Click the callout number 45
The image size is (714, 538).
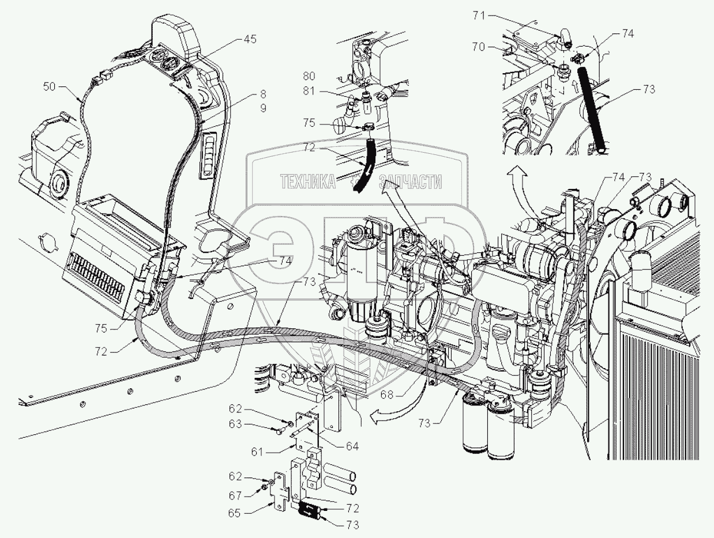click(x=250, y=40)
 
